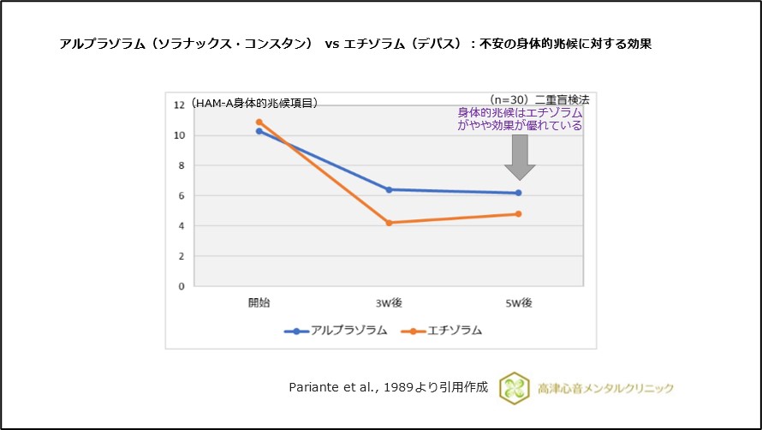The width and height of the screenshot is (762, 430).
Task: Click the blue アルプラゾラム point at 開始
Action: click(259, 131)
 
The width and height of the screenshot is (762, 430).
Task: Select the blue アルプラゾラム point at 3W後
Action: click(390, 189)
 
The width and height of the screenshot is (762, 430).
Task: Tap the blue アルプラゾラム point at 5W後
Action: click(519, 193)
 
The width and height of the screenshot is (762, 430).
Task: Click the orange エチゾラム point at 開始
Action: click(259, 122)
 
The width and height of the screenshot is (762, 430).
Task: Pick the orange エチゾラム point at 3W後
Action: click(390, 223)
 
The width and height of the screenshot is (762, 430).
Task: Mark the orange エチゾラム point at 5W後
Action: click(519, 213)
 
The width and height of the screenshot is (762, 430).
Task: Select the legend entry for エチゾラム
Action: click(445, 331)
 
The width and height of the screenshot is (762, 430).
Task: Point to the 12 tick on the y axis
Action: click(179, 105)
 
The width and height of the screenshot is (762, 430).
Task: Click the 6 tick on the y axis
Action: click(182, 196)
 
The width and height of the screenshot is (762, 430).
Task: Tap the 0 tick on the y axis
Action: click(182, 287)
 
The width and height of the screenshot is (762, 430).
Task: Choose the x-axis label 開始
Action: click(259, 302)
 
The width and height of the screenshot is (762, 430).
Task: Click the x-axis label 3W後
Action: click(390, 302)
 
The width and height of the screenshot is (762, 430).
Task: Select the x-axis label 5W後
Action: click(519, 302)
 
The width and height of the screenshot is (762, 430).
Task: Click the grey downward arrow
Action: click(519, 153)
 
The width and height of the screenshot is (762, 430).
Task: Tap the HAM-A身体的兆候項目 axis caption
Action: click(254, 103)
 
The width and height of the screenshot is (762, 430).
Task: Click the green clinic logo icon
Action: click(515, 387)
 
